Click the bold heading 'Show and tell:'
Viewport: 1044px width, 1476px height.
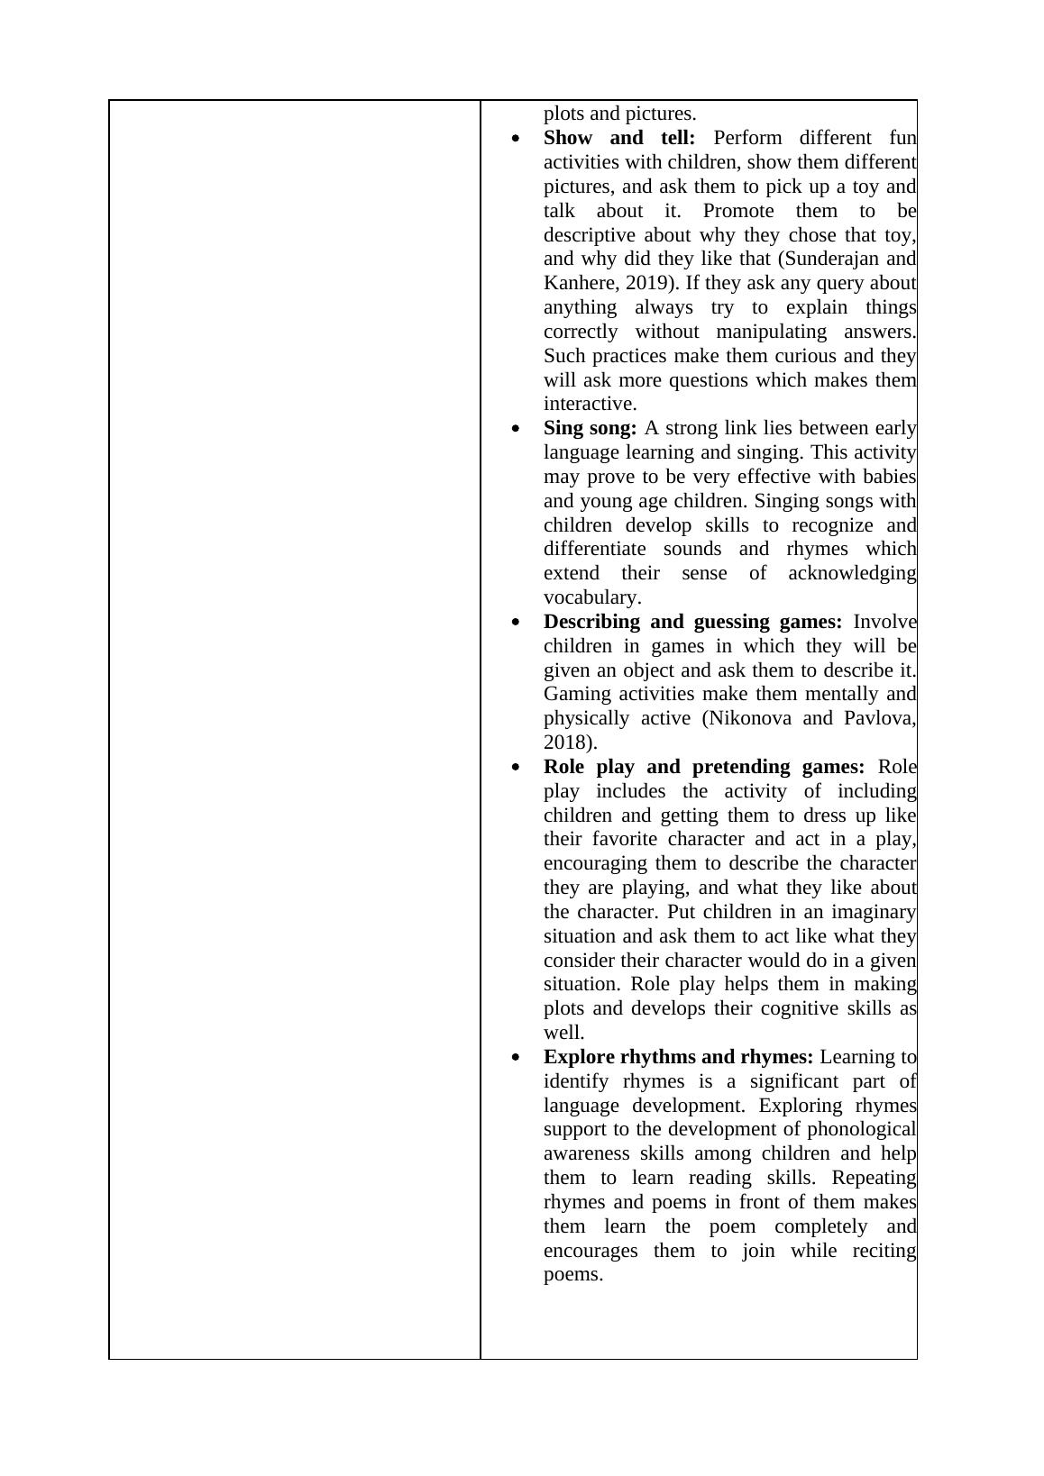coord(618,138)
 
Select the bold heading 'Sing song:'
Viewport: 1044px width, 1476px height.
coord(590,428)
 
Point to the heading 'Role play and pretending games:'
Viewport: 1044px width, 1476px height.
coord(703,767)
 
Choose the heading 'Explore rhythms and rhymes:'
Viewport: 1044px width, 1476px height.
coord(678,1057)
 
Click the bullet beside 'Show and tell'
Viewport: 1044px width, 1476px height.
coord(516,139)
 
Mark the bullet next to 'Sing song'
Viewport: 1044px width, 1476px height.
coord(516,429)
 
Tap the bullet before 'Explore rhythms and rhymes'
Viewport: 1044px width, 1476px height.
coord(516,1058)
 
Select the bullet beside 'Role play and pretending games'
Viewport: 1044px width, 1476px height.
coord(516,768)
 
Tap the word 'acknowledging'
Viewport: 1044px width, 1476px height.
coord(852,573)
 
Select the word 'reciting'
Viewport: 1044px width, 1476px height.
coord(884,1251)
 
